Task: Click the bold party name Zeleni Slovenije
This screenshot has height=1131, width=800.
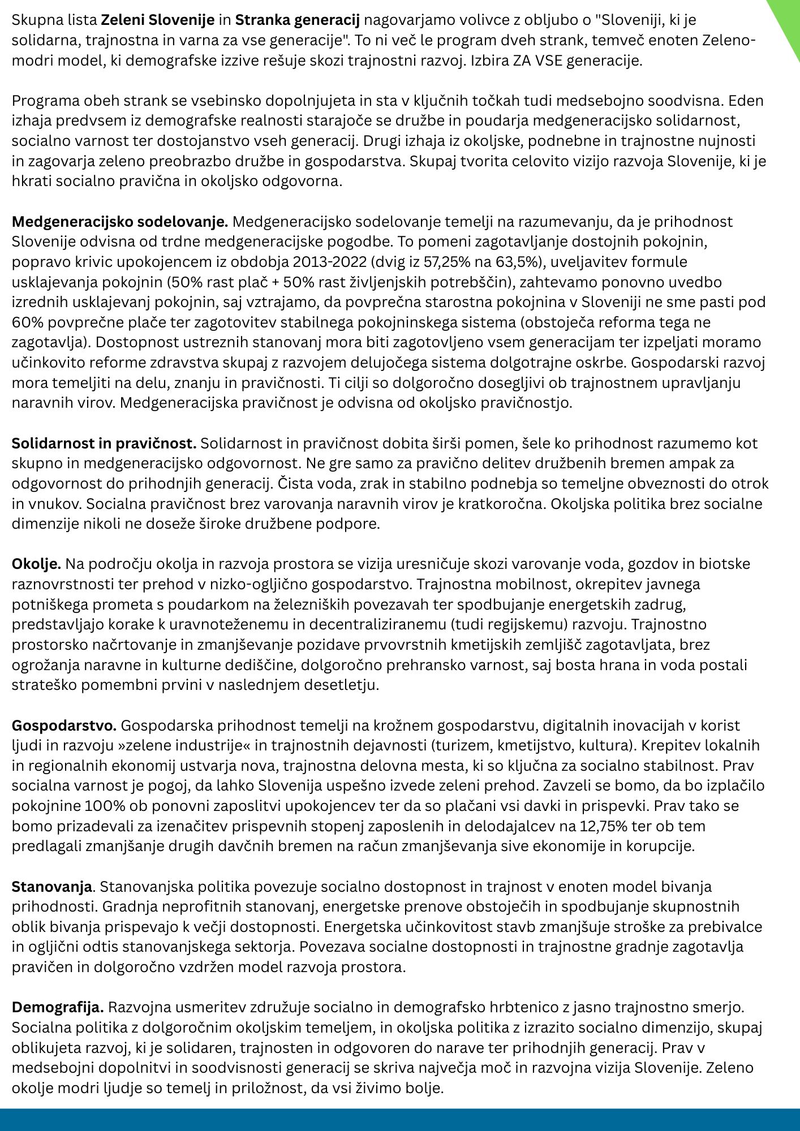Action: [x=158, y=21]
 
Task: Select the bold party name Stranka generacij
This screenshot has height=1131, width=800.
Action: [x=298, y=21]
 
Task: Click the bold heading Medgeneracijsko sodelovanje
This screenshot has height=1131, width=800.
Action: [x=120, y=222]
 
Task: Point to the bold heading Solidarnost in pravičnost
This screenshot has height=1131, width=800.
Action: [x=104, y=443]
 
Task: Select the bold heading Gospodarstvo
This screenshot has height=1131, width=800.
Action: [x=64, y=726]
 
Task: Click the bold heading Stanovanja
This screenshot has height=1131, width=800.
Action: [x=52, y=887]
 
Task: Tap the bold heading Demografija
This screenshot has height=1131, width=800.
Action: [x=58, y=1008]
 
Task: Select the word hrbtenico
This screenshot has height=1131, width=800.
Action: [x=553, y=1008]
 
